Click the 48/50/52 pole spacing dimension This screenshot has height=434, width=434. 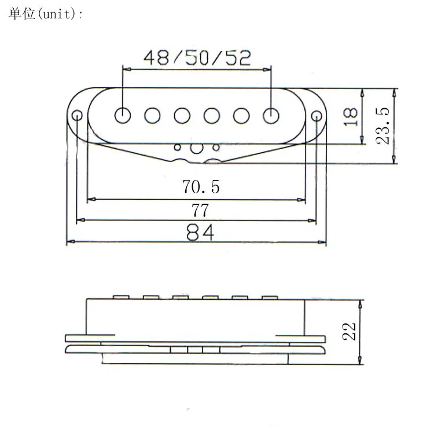point(197,58)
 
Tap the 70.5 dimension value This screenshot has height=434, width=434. point(201,186)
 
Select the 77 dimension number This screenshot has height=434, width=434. point(200,211)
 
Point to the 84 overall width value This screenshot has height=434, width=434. point(200,233)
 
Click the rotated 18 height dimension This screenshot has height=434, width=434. point(351,116)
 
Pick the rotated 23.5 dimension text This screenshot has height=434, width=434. point(382,126)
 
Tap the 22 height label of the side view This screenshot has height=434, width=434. point(349,332)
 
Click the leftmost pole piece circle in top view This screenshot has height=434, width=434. point(123,115)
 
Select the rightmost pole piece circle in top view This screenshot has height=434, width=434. point(271,115)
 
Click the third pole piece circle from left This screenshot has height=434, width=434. point(182,115)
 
